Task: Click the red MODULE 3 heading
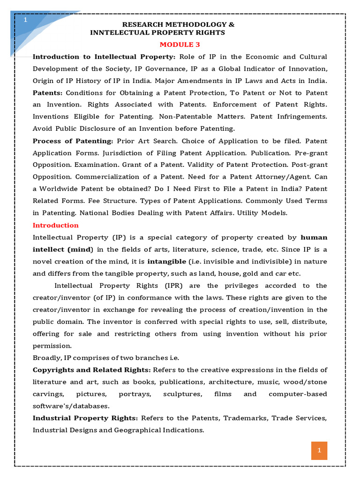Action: point(177,45)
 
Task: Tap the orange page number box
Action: point(319,450)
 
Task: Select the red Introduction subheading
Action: point(55,225)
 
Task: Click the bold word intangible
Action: point(167,261)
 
